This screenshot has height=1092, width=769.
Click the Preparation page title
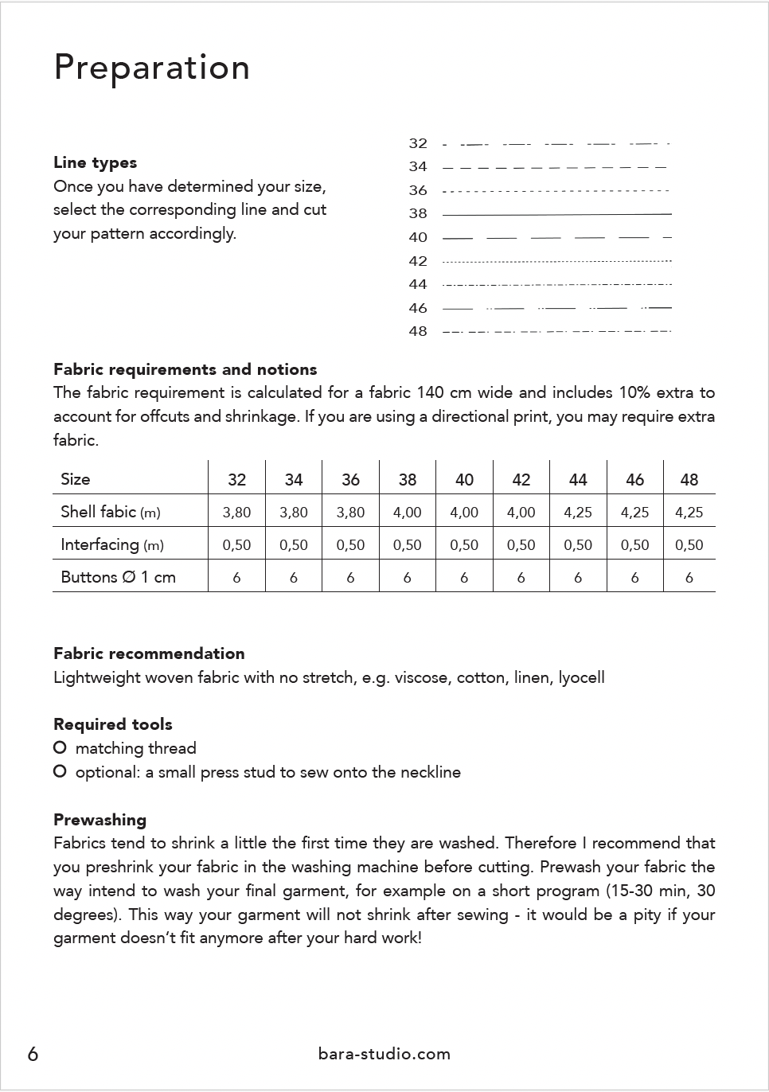click(x=151, y=68)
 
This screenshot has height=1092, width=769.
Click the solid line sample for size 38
click(x=556, y=214)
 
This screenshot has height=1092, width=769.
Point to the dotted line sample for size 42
click(x=556, y=261)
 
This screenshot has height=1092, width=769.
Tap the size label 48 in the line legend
click(x=418, y=331)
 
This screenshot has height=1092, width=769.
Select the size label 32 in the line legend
click(x=418, y=143)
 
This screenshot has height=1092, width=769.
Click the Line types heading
click(x=95, y=162)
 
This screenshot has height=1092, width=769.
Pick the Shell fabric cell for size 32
click(x=236, y=513)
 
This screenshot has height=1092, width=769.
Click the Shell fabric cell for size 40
click(x=464, y=513)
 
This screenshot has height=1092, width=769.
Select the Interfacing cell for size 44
click(x=578, y=545)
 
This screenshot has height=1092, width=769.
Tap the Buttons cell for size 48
click(x=689, y=578)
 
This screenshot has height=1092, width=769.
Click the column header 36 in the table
click(x=350, y=480)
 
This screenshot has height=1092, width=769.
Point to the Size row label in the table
click(x=76, y=479)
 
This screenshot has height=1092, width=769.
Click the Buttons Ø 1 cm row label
click(x=118, y=577)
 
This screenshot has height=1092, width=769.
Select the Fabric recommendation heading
click(x=149, y=653)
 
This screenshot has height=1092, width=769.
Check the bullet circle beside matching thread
click(x=60, y=748)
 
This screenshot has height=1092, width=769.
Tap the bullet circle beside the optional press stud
click(x=60, y=772)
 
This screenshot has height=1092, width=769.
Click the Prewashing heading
click(x=100, y=820)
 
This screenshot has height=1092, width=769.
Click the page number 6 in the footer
click(x=33, y=1054)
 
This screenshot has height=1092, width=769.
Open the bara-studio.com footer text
click(x=384, y=1054)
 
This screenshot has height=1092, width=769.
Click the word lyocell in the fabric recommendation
click(x=581, y=678)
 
